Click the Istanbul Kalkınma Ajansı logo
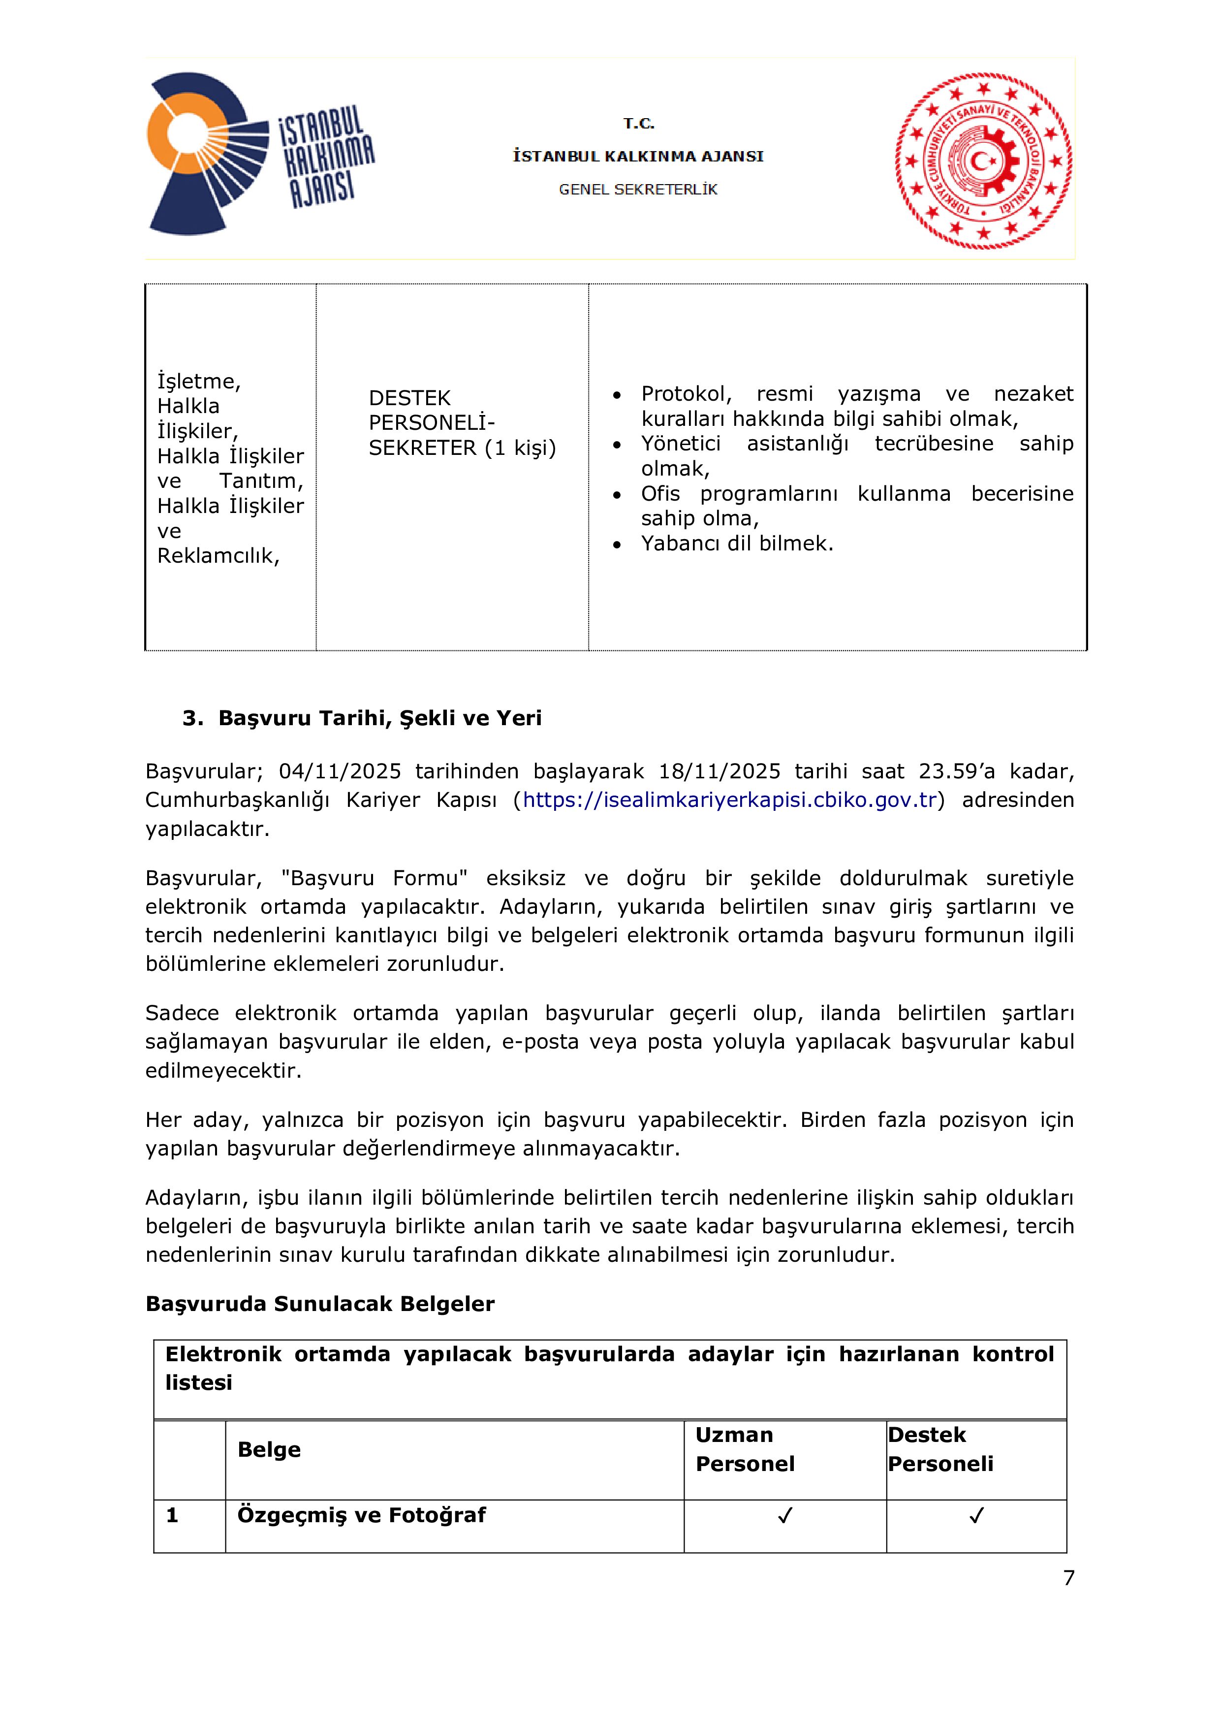[x=259, y=154]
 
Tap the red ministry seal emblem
[x=983, y=160]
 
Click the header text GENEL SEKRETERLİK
[x=637, y=190]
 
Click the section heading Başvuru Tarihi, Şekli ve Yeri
[x=379, y=718]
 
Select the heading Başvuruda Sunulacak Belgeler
[x=319, y=1304]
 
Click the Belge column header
[x=269, y=1449]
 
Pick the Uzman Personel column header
[x=744, y=1449]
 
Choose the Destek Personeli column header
[x=940, y=1449]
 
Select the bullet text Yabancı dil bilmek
[x=737, y=543]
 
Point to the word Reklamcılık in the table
[x=218, y=556]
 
